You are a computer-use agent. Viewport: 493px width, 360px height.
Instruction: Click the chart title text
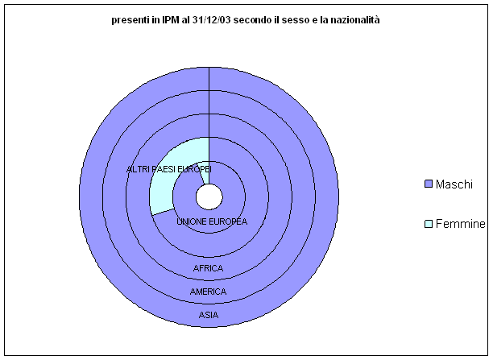tap(246, 20)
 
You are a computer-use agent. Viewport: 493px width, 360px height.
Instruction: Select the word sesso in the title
tap(295, 20)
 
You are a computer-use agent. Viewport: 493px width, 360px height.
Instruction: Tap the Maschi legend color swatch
tap(429, 184)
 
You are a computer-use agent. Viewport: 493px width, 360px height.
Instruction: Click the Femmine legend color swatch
tap(429, 224)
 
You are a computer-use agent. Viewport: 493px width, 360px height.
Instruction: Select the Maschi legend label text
tap(454, 184)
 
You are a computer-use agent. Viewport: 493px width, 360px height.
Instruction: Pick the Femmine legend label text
tap(461, 224)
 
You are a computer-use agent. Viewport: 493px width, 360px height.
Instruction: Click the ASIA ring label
tap(209, 315)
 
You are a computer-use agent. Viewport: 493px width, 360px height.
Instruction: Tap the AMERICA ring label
tap(208, 292)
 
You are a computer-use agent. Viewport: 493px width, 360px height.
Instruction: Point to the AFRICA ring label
tap(208, 268)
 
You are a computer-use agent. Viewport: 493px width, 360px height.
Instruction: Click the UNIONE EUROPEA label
tap(212, 221)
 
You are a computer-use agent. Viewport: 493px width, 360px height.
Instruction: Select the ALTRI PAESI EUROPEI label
tap(169, 169)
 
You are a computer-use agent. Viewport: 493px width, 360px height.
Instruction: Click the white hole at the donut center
tap(209, 197)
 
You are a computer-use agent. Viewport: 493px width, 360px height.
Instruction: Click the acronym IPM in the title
tap(171, 20)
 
